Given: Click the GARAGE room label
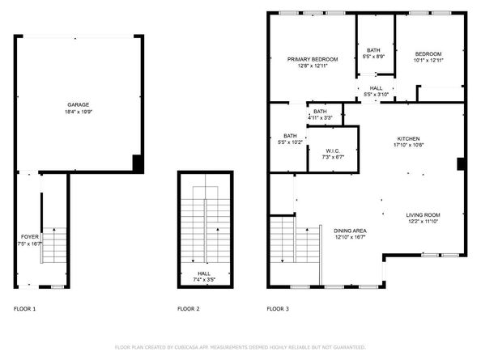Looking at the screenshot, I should click(79, 105).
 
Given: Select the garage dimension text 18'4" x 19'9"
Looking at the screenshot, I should click(79, 112).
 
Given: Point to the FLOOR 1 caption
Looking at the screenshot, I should click(25, 309).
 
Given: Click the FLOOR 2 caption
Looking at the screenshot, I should click(189, 309).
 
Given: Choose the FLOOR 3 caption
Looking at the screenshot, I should click(279, 309).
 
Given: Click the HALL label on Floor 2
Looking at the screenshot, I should click(205, 273).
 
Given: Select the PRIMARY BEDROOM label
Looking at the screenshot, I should click(313, 59).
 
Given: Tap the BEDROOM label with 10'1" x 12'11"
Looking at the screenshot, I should click(428, 53).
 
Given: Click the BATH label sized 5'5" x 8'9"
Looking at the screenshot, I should click(373, 50).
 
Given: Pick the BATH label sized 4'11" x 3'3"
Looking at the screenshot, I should click(320, 112).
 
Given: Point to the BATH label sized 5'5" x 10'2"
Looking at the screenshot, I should click(290, 136).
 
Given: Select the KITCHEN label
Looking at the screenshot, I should click(408, 138).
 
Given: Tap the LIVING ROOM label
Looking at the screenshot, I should click(423, 214).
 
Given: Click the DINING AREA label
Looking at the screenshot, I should click(351, 231).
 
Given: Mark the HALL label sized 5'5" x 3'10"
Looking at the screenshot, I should click(377, 89).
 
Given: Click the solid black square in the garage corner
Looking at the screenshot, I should click(138, 163).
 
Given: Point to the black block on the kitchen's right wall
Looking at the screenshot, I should click(461, 164).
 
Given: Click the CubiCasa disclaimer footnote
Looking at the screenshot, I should click(240, 346).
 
